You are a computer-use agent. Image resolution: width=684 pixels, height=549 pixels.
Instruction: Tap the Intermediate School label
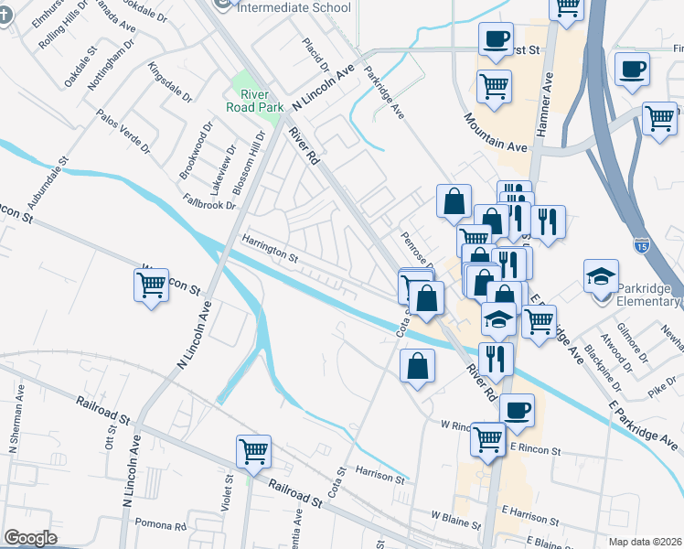293,7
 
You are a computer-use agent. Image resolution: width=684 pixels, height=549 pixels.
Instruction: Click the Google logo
30,537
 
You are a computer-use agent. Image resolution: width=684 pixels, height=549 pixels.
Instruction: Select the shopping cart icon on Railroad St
253,450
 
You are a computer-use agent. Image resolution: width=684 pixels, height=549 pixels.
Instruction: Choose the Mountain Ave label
496,133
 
